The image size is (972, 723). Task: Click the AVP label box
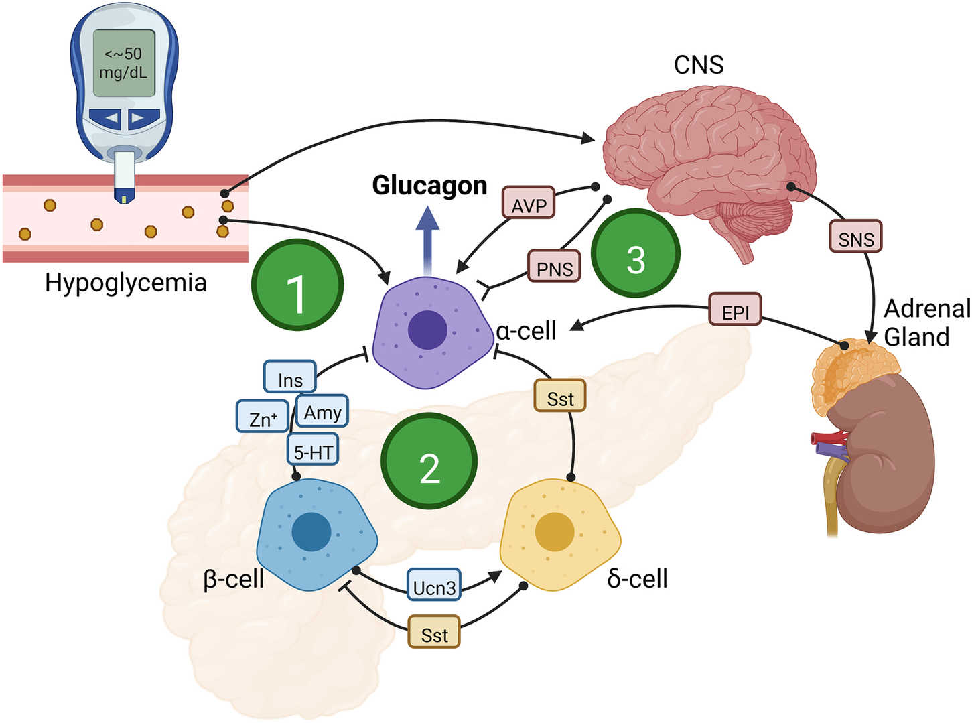click(x=529, y=203)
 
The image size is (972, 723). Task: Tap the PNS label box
click(x=554, y=266)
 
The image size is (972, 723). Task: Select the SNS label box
click(x=855, y=237)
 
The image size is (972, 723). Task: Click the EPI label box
click(x=735, y=310)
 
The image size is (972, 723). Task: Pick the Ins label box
click(x=289, y=377)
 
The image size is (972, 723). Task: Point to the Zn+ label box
click(x=262, y=417)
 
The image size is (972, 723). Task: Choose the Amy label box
click(x=322, y=411)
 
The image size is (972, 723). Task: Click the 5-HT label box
click(x=313, y=450)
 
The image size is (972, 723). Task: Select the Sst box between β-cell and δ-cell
click(x=434, y=632)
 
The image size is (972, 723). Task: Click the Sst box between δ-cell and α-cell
click(x=560, y=397)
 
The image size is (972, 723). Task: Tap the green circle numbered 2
click(x=429, y=462)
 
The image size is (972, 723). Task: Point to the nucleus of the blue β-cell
click(x=311, y=532)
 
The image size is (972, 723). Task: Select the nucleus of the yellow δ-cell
click(x=555, y=532)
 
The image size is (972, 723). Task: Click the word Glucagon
click(x=429, y=185)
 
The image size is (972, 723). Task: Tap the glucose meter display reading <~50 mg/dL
click(x=124, y=63)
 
